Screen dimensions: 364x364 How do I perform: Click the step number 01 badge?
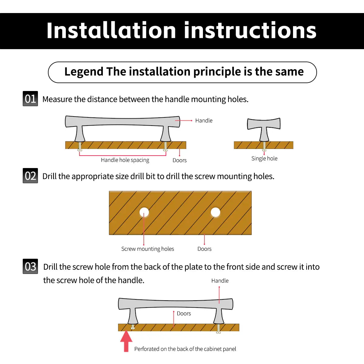[30, 99]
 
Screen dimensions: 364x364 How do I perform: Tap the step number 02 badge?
[30, 176]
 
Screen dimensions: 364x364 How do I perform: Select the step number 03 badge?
[30, 266]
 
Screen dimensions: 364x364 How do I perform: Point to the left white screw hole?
[144, 212]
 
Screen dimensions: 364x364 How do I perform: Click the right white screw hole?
[215, 212]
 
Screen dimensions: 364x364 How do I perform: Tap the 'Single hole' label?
[264, 158]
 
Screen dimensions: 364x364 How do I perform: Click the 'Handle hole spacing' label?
[125, 160]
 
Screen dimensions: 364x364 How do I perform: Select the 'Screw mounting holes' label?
[147, 249]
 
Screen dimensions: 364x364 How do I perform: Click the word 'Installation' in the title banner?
[111, 30]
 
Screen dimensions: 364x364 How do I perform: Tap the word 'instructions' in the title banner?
[250, 30]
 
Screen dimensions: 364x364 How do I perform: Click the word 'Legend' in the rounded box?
[84, 72]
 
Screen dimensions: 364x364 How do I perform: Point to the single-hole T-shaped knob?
[264, 129]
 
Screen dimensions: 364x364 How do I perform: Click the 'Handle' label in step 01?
[204, 120]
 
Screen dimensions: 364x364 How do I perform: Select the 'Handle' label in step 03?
[220, 281]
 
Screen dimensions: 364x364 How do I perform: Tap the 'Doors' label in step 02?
[204, 249]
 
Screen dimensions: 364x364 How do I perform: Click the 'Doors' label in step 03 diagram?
[184, 313]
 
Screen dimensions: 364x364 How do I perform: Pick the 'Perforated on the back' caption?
[185, 349]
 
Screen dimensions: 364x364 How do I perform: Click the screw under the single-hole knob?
[264, 147]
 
